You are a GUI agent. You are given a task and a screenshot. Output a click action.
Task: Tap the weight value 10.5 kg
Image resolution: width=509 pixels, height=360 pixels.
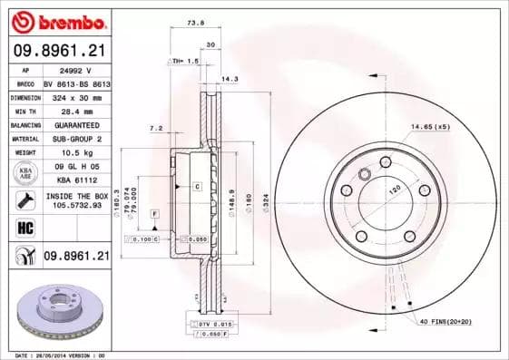coord(63,152)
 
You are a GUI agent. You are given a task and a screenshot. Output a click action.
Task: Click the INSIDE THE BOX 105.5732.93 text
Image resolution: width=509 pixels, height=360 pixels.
coord(77,201)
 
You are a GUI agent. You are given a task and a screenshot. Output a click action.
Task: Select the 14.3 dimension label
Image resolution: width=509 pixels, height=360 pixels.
coord(230,80)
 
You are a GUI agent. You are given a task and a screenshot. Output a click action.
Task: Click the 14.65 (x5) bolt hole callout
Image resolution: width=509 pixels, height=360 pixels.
coord(430,126)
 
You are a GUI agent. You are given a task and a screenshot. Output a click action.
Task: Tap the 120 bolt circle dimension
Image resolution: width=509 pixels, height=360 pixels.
coord(395,193)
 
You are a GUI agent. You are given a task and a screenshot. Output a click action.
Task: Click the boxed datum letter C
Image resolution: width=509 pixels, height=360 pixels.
coord(195,185)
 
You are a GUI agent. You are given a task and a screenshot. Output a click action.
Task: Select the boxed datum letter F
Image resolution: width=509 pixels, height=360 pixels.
coord(155,213)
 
